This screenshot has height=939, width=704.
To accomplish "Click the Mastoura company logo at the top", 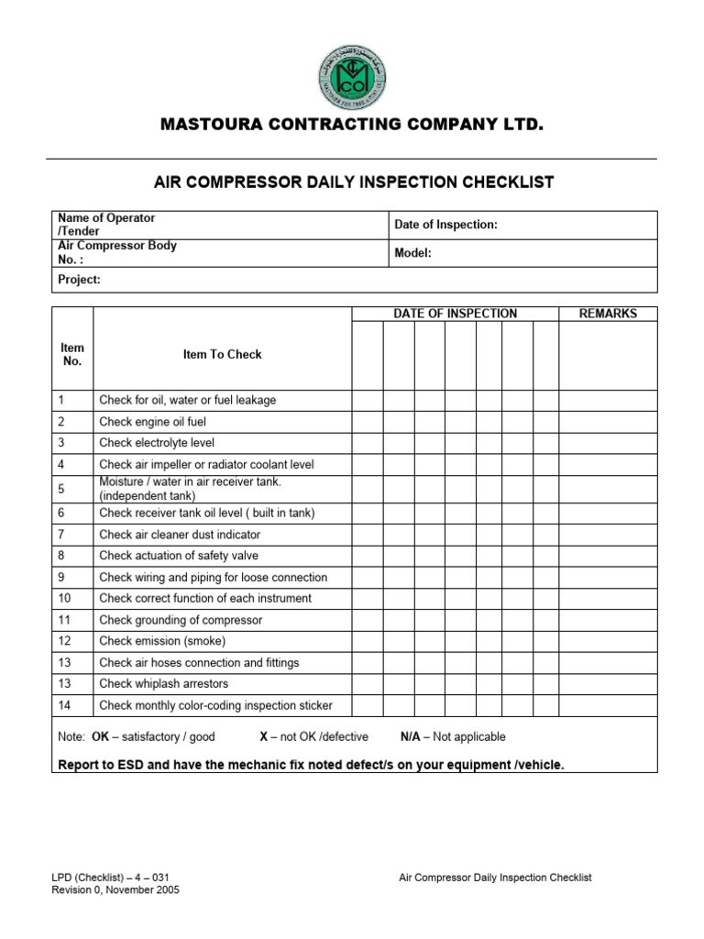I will [x=352, y=77].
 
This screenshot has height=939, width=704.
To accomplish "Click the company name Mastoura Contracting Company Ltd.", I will [x=352, y=124].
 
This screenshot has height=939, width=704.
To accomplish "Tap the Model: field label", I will [x=412, y=252].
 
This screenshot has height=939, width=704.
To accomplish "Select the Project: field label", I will [x=79, y=280].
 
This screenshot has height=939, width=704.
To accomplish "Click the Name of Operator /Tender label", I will [x=106, y=225].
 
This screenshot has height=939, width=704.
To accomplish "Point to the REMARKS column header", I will [x=608, y=314].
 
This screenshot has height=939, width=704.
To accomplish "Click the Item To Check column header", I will [x=222, y=355].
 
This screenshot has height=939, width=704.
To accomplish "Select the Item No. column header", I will [x=72, y=354].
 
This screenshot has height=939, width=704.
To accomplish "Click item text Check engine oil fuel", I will [x=152, y=422].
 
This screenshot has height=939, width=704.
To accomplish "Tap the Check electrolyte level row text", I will [x=157, y=443].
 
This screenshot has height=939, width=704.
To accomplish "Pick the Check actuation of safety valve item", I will [x=179, y=556].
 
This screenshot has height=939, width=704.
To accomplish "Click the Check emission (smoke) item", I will [x=161, y=641].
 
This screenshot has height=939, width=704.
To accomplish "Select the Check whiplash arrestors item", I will [x=163, y=684].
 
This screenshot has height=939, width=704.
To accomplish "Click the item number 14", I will [x=63, y=705].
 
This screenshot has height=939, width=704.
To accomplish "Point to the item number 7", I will [x=60, y=535].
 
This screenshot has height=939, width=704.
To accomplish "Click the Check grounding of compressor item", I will [x=181, y=620].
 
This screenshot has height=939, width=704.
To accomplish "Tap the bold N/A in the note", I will [x=412, y=736].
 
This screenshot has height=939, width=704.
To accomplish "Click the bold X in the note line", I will [x=263, y=736].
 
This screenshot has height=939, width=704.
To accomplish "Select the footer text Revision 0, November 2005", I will [x=115, y=889].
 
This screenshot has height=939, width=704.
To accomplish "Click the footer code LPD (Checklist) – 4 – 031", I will [x=111, y=878].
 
